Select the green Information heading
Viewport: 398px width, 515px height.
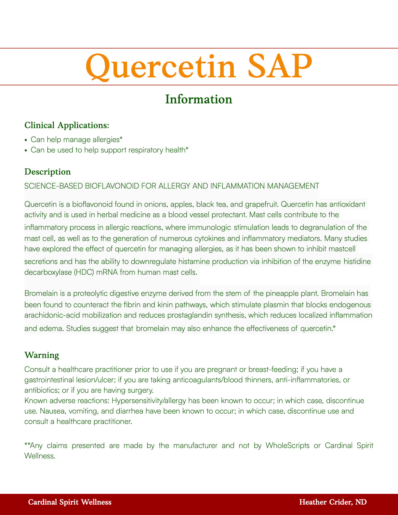(199, 99)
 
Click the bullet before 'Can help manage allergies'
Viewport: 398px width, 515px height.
(26, 140)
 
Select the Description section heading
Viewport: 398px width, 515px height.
(47, 172)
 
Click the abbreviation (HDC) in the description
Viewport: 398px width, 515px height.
(75, 272)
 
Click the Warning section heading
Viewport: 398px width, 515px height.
(42, 355)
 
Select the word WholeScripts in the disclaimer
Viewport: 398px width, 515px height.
(287, 445)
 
